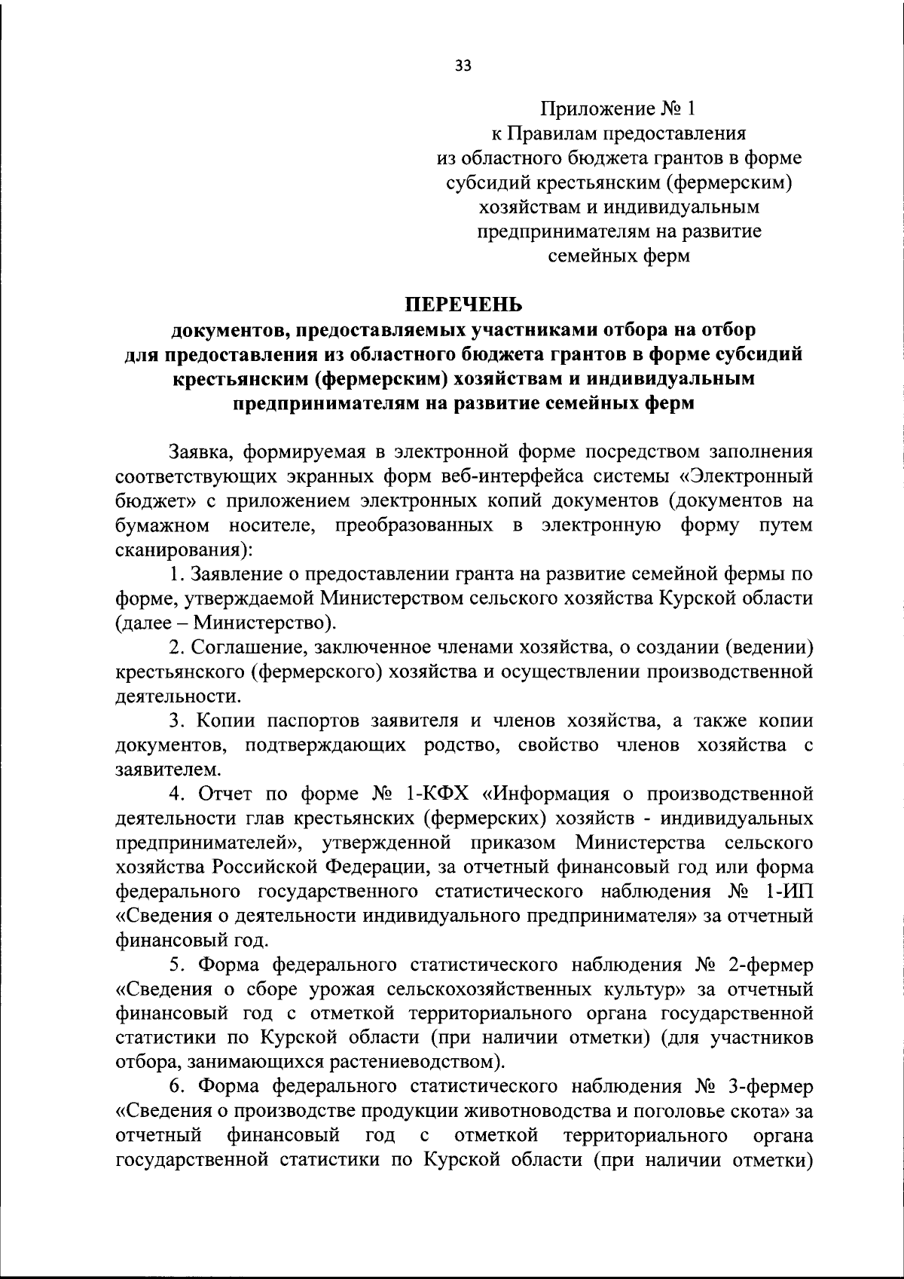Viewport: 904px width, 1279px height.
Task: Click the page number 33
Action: (x=463, y=66)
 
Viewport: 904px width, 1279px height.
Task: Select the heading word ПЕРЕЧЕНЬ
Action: (x=463, y=304)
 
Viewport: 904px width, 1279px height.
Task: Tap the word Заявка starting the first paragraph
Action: (x=194, y=451)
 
